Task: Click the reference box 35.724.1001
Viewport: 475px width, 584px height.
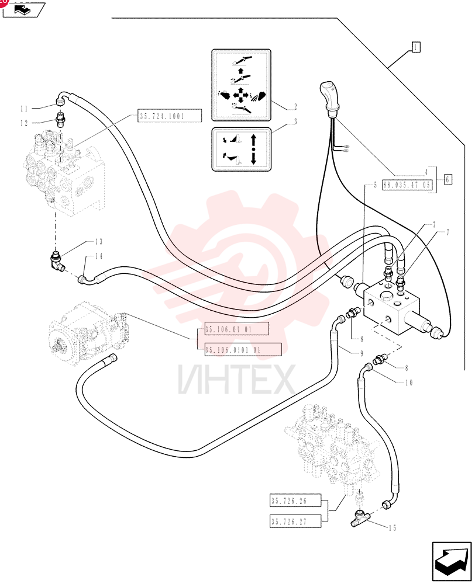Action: click(x=170, y=116)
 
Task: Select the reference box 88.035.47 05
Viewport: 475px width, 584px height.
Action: click(x=407, y=185)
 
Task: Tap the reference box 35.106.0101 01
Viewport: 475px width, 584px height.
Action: click(x=243, y=349)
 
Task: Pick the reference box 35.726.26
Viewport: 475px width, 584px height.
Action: click(x=295, y=500)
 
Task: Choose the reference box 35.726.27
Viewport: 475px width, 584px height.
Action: click(x=295, y=521)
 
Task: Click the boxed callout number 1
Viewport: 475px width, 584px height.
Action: click(x=416, y=47)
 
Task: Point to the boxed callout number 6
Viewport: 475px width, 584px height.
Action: click(x=448, y=179)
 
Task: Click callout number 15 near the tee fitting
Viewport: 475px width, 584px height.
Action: click(x=392, y=528)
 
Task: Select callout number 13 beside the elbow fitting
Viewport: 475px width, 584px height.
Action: click(x=98, y=242)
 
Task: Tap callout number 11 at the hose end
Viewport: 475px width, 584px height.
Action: click(x=24, y=109)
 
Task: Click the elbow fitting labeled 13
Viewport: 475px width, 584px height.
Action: click(x=57, y=262)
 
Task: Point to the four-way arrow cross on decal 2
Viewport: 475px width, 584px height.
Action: click(x=240, y=96)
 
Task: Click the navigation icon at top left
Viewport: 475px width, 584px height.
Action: click(x=24, y=10)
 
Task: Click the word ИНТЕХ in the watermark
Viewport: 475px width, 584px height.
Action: click(x=236, y=380)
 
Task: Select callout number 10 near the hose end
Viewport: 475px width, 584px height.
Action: click(x=409, y=383)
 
